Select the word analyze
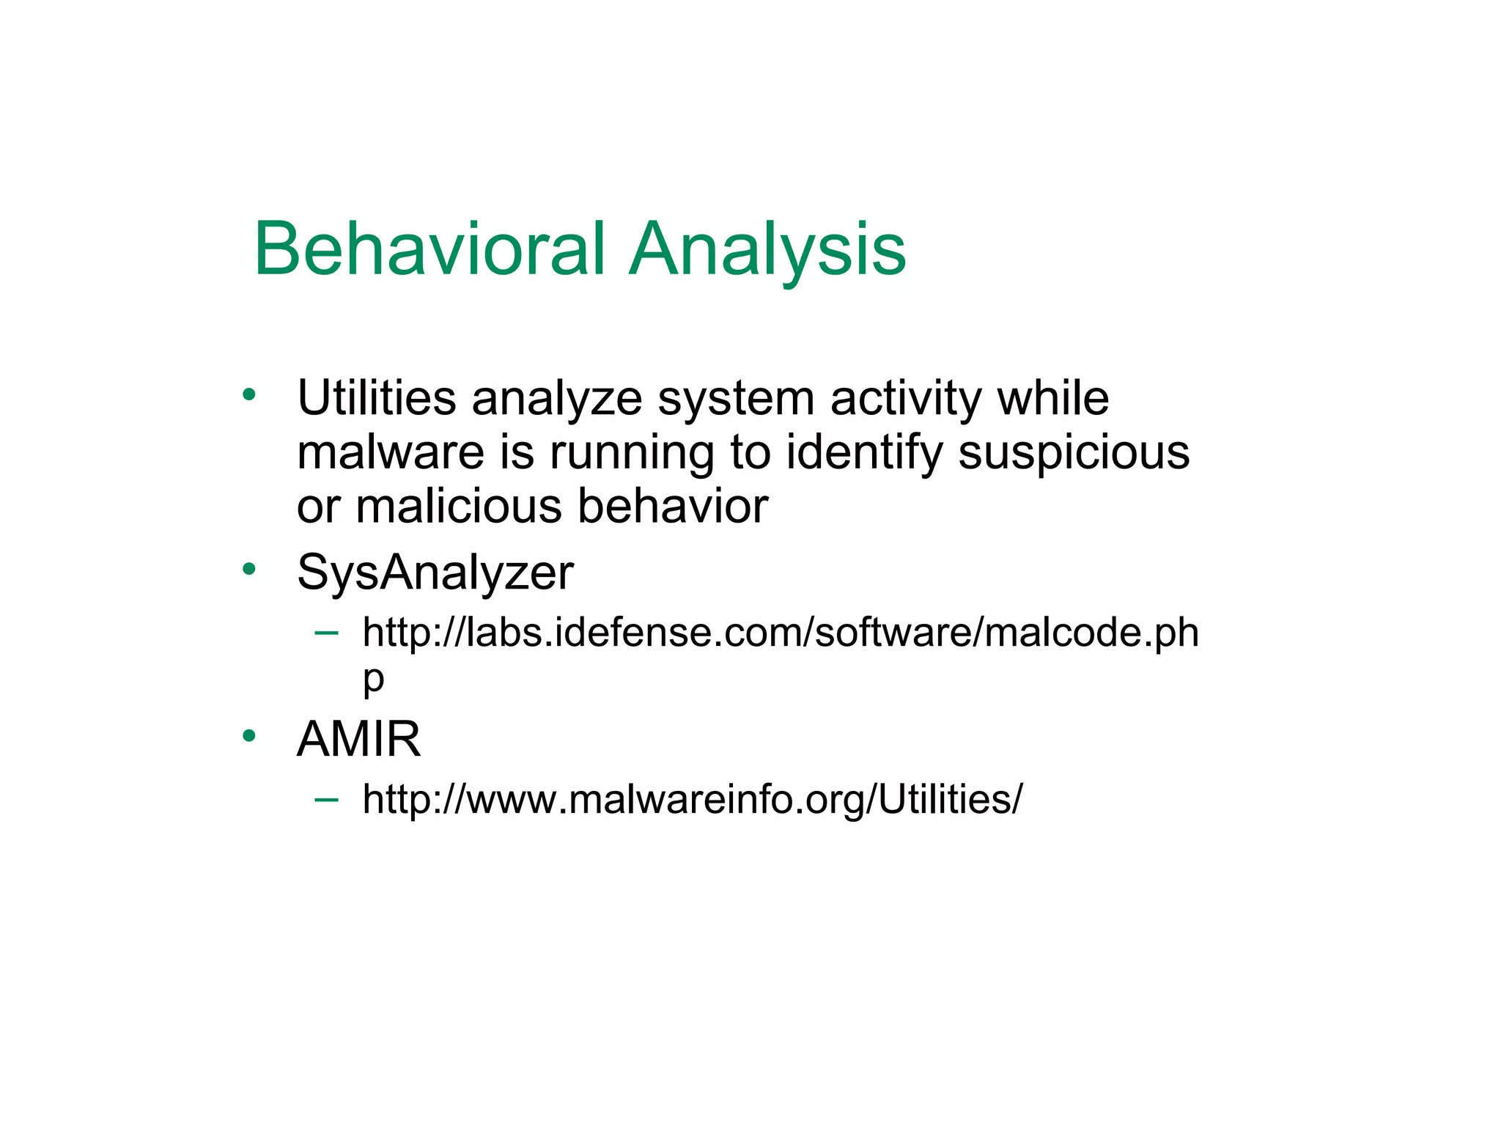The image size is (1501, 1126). click(x=556, y=400)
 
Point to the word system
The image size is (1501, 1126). click(x=735, y=400)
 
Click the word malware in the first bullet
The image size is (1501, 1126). click(x=390, y=452)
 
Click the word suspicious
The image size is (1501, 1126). click(x=1074, y=454)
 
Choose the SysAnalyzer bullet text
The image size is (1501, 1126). click(x=435, y=573)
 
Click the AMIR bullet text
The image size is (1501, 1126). click(x=358, y=738)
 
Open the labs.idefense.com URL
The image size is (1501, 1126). click(x=780, y=632)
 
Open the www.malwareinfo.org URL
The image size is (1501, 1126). click(x=692, y=798)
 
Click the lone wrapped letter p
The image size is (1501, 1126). click(x=373, y=680)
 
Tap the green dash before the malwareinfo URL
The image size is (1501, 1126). click(x=326, y=798)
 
